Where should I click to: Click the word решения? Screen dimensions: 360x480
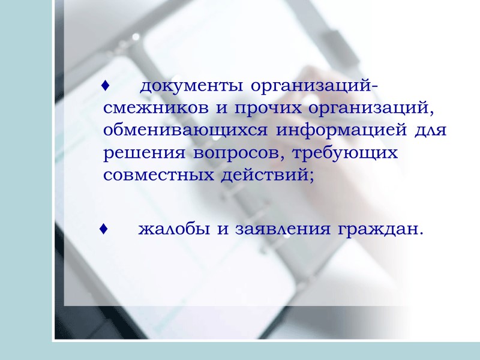(x=145, y=153)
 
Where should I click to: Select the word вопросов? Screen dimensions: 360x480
(x=239, y=153)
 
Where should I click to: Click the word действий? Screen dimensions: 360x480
(x=268, y=175)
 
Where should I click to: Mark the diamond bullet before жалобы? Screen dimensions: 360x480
(x=104, y=229)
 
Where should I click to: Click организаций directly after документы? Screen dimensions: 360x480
(x=313, y=88)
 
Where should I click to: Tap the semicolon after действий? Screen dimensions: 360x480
(x=311, y=176)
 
